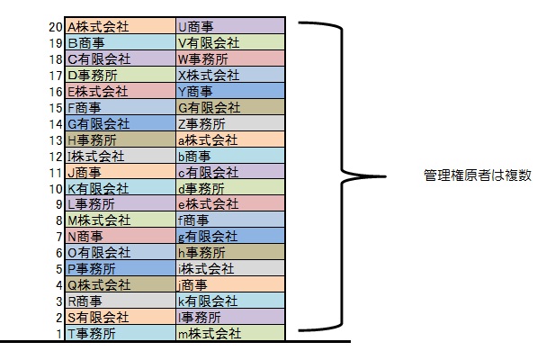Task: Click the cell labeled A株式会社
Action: [x=120, y=26]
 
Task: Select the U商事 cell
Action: [x=230, y=26]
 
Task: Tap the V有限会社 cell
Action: [x=230, y=42]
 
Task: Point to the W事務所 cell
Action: [x=230, y=58]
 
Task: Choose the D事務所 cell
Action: [x=120, y=75]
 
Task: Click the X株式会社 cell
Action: [x=230, y=75]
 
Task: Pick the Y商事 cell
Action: [x=230, y=91]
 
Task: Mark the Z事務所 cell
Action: [x=230, y=123]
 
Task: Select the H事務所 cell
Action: [x=120, y=139]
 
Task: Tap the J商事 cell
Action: [x=120, y=172]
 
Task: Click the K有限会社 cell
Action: [x=120, y=188]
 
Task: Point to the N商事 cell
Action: [x=120, y=237]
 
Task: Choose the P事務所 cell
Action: [x=120, y=269]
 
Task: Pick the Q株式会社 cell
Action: [x=120, y=285]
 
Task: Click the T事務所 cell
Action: [x=120, y=334]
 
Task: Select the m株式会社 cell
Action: [x=230, y=334]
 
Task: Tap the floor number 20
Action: [x=55, y=26]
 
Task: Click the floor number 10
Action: [x=55, y=188]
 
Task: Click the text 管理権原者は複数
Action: [x=478, y=175]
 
